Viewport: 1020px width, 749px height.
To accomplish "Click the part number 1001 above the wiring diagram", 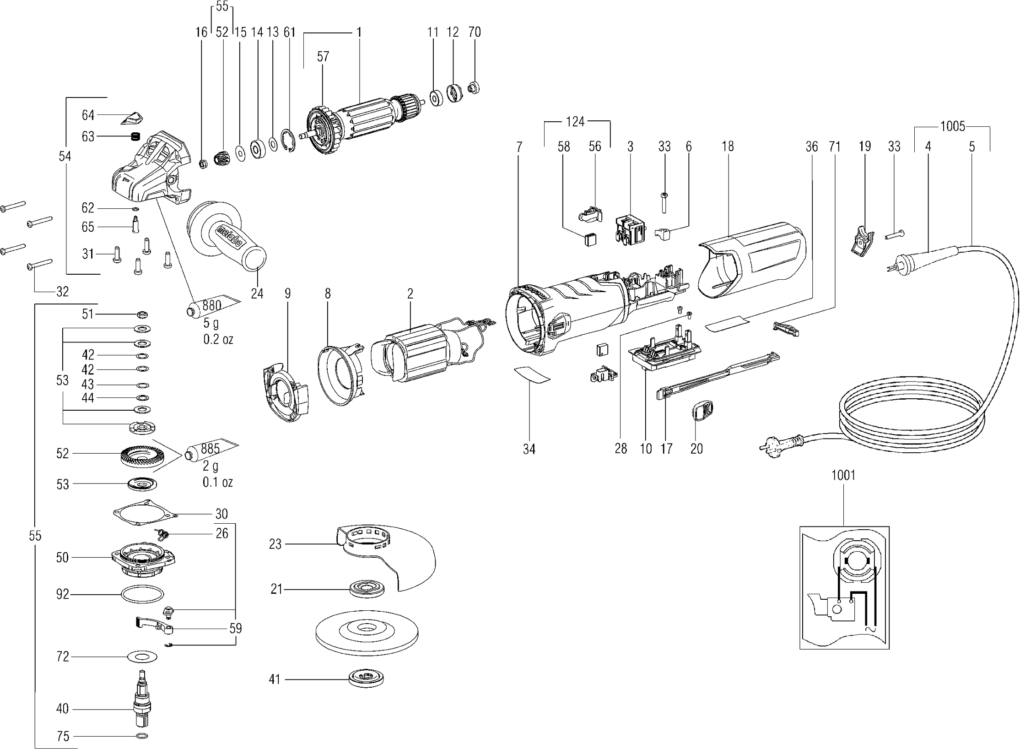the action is pos(843,475).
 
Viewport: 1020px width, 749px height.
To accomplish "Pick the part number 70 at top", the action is pos(475,32).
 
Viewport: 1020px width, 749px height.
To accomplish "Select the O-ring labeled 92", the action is pos(142,595).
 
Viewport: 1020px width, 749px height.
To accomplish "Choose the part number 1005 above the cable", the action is pos(953,126).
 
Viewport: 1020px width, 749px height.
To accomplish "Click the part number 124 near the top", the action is pos(575,122).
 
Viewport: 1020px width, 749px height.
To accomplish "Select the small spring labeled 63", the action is pos(135,137).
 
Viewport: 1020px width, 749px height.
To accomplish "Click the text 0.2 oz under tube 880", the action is pos(218,339).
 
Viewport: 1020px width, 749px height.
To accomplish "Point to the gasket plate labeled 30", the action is pos(145,515).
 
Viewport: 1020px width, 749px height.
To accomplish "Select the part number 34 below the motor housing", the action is pos(529,450).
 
